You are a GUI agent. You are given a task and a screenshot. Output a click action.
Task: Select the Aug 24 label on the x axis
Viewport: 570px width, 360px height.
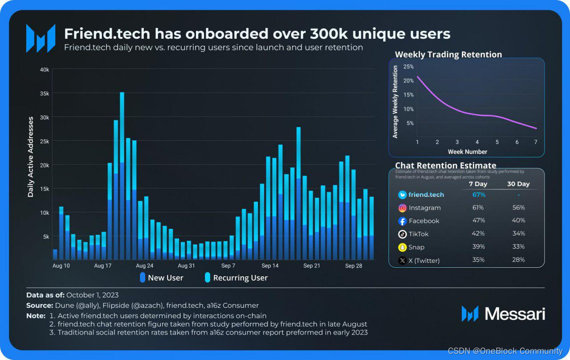pyautogui.click(x=145, y=266)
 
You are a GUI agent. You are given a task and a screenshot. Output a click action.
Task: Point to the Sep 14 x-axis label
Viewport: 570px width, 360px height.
pyautogui.click(x=270, y=266)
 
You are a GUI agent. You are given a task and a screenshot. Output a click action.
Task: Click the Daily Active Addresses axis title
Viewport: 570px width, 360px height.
pyautogui.click(x=31, y=157)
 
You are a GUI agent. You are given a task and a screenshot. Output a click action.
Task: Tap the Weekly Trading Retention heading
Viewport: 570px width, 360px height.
pyautogui.click(x=448, y=54)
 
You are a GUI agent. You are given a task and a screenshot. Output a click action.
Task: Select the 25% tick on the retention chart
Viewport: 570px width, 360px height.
pyautogui.click(x=408, y=66)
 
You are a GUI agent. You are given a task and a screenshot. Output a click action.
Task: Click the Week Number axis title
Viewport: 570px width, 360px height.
pyautogui.click(x=468, y=152)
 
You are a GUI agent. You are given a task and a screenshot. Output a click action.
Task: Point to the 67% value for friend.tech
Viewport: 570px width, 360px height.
pyautogui.click(x=479, y=195)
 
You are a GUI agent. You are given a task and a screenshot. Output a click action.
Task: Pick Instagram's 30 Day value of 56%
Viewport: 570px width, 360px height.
pyautogui.click(x=518, y=208)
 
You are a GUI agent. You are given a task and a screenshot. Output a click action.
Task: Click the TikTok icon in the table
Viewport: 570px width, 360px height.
pyautogui.click(x=402, y=234)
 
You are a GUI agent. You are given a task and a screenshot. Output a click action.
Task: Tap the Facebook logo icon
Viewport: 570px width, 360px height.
pyautogui.click(x=402, y=221)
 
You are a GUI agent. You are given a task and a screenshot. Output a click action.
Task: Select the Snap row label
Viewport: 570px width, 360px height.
pyautogui.click(x=416, y=247)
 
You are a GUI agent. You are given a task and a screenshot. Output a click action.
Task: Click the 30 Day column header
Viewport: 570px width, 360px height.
pyautogui.click(x=518, y=184)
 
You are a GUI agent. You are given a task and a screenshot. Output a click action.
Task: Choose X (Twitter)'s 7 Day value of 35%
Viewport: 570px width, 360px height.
pyautogui.click(x=479, y=260)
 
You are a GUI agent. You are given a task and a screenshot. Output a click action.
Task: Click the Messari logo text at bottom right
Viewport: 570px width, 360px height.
pyautogui.click(x=515, y=314)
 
